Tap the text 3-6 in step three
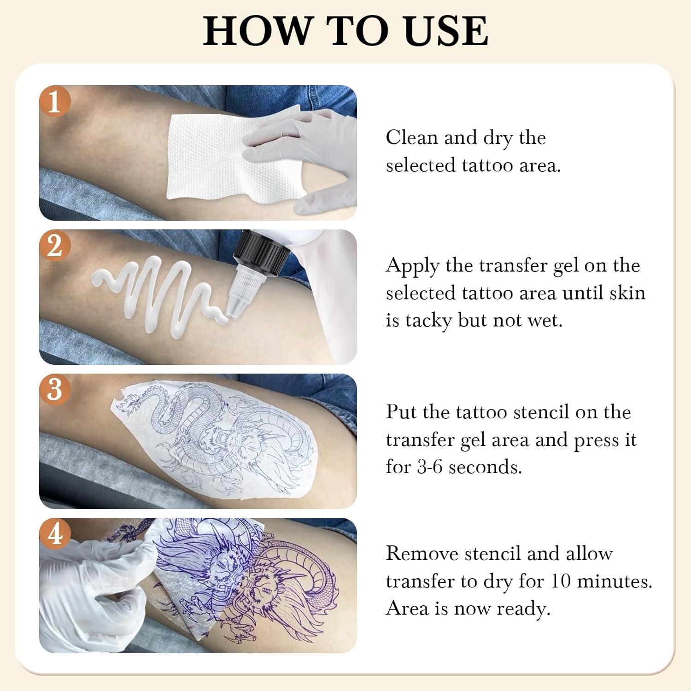click(x=429, y=467)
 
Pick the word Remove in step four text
click(x=422, y=553)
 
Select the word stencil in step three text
click(x=541, y=412)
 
